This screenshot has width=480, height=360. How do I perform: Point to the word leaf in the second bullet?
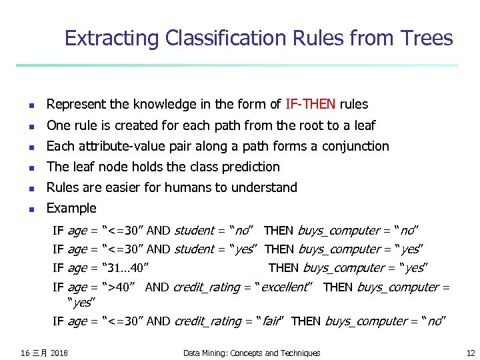click(363, 125)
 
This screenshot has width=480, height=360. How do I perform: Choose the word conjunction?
click(355, 146)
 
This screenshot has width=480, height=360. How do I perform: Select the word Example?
click(71, 208)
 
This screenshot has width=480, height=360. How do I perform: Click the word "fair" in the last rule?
click(270, 321)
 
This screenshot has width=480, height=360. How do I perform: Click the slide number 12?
click(470, 353)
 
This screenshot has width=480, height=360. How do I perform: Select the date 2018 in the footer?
click(59, 353)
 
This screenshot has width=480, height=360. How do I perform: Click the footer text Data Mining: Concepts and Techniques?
click(251, 353)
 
